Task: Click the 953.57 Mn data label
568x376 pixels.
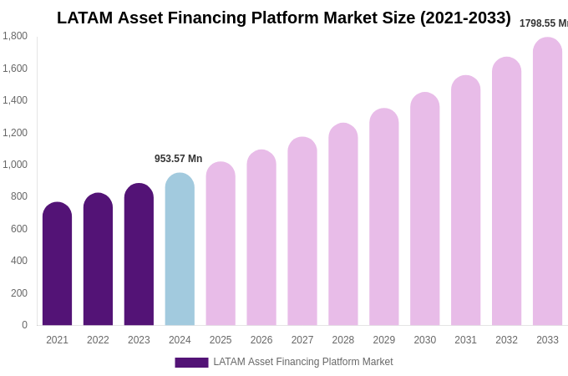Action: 178,159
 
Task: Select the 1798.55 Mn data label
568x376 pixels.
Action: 543,23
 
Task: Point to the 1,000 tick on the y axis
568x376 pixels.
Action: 14,165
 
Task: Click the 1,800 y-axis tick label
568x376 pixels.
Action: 14,36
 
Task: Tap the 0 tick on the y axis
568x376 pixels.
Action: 24,325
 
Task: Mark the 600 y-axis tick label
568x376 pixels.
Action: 18,229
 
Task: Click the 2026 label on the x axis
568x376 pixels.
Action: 261,340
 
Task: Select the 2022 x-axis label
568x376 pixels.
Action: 98,340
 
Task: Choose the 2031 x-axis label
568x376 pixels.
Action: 465,340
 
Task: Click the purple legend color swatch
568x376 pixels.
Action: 191,363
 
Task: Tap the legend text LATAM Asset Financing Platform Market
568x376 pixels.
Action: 302,362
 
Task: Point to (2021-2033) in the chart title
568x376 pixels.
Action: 465,18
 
